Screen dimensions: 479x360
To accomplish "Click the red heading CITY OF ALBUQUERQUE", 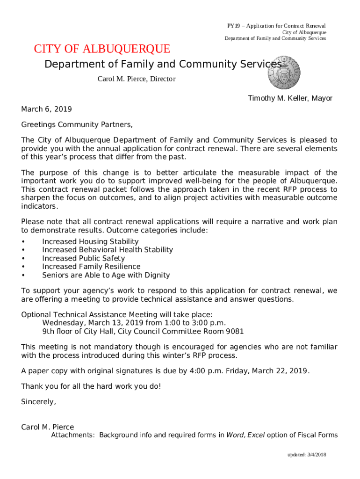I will click(102, 49).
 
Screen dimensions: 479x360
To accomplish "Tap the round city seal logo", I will click(282, 74).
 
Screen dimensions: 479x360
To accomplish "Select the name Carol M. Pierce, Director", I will click(136, 79).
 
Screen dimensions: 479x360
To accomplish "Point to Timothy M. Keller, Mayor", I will click(290, 98).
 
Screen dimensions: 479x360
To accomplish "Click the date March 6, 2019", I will click(46, 109).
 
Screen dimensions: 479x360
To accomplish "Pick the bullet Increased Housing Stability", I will click(90, 241).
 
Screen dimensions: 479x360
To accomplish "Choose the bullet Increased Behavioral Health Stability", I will click(108, 250).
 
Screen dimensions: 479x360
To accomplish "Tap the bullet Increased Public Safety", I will click(83, 258).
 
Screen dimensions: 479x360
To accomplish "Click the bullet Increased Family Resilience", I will click(91, 267).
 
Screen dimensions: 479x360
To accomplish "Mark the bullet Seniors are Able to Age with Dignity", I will click(106, 275).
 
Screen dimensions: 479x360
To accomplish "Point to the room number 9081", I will click(234, 331).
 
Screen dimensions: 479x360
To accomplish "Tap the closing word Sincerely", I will click(38, 401).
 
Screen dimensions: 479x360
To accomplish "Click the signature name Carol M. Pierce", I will click(48, 427).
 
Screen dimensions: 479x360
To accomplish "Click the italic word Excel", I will click(256, 435).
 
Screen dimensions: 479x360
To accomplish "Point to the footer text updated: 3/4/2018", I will click(306, 455).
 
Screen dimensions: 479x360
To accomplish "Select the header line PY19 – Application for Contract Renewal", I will click(276, 26).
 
